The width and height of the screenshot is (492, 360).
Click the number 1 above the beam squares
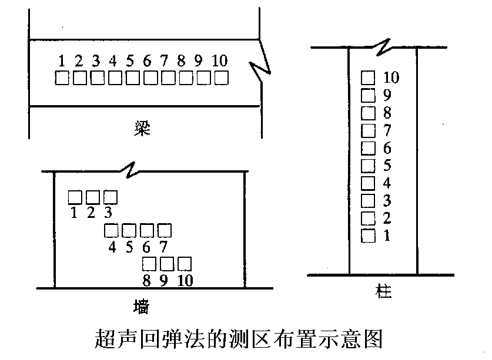[x=62, y=61]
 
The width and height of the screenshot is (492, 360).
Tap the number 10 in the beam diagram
[x=219, y=61]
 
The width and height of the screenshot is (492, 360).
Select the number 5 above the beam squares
[x=130, y=61]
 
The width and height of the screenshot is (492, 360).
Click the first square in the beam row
[x=62, y=78]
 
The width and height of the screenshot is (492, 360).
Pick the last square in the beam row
[x=222, y=78]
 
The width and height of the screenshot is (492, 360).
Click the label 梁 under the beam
[x=142, y=128]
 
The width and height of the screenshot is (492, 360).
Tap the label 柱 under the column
[x=383, y=291]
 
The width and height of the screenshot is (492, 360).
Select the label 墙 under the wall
[x=141, y=307]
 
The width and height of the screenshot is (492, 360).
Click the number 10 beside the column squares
[x=391, y=78]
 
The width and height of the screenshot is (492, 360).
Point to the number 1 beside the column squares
[x=387, y=235]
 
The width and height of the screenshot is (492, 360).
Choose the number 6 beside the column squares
[x=387, y=148]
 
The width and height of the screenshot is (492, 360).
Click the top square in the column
[x=368, y=78]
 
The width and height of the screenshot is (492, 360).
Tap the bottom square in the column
[x=368, y=236]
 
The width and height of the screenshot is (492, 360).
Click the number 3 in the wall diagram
[x=108, y=213]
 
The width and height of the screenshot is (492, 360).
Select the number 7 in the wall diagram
[x=163, y=247]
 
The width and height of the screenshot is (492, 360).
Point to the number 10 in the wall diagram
[x=185, y=280]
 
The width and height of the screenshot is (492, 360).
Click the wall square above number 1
[x=75, y=197]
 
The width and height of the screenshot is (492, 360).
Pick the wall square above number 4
[x=111, y=230]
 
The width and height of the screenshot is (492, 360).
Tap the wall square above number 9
[x=167, y=264]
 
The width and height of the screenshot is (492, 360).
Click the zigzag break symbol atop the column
[x=383, y=47]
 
